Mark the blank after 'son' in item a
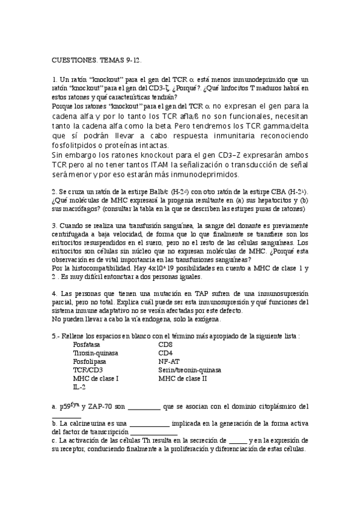pyautogui.click(x=144, y=407)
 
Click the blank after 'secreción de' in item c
pyautogui.click(x=238, y=441)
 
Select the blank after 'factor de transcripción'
pyautogui.click(x=154, y=432)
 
